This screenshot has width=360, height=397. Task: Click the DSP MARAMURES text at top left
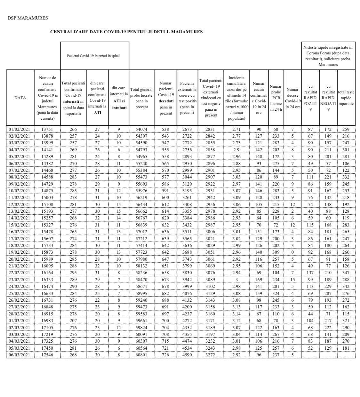point(28,18)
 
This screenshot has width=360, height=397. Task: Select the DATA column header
point(20,98)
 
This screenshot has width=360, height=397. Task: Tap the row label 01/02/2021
point(19,129)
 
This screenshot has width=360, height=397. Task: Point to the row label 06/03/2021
point(19,354)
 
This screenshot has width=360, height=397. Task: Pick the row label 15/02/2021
point(19,225)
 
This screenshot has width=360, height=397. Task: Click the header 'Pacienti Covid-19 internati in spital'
point(93,56)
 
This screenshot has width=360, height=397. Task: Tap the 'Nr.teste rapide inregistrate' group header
point(328,56)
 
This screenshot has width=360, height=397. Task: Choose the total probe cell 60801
point(141,354)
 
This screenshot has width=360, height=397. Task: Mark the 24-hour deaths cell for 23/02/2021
point(292,280)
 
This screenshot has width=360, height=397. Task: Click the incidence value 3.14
point(236,314)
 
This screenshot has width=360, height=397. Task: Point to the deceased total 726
point(165,354)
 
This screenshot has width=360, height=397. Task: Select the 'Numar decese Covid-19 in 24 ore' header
point(292,98)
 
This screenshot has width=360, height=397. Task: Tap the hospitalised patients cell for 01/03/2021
point(73,321)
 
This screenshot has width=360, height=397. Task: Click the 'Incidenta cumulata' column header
point(236,98)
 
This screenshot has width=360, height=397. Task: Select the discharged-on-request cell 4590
point(187,354)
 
